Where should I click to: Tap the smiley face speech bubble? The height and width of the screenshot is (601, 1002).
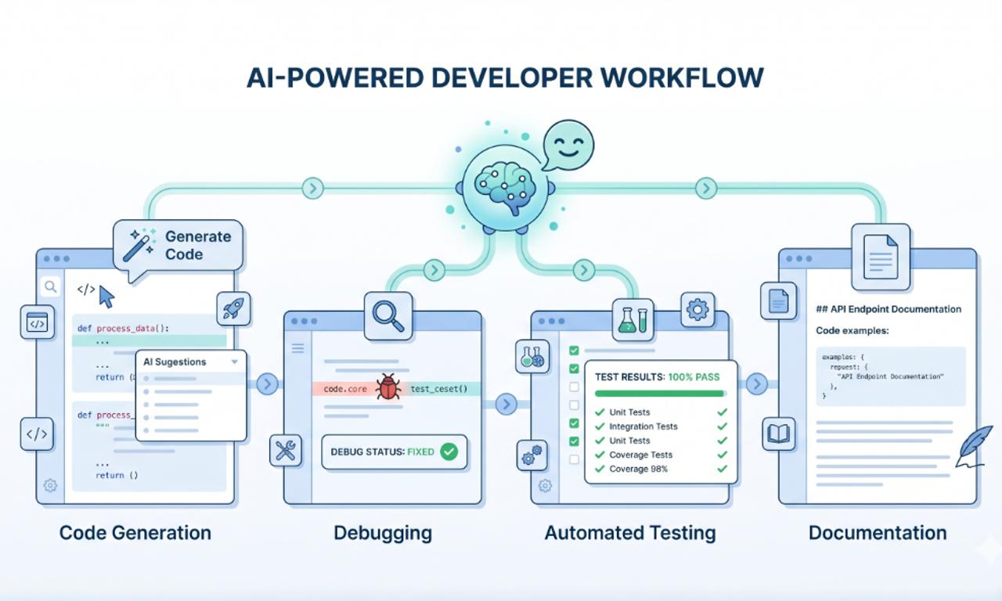click(568, 146)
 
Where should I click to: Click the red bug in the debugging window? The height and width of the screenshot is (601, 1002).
click(388, 388)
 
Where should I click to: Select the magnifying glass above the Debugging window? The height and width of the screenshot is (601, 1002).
click(388, 315)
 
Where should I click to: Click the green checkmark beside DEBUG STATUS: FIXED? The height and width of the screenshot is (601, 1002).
click(449, 452)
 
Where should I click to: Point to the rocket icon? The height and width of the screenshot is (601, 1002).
click(232, 308)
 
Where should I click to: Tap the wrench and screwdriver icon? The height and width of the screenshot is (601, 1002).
click(285, 452)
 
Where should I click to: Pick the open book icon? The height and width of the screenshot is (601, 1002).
click(779, 434)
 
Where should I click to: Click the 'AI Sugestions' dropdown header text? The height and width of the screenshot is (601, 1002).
click(175, 362)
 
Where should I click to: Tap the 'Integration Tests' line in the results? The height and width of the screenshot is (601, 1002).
click(643, 426)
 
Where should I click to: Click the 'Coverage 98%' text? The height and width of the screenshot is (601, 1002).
click(639, 469)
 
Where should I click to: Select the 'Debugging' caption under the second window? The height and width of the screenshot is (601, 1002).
click(382, 534)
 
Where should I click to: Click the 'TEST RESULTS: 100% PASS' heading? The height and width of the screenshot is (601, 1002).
click(657, 376)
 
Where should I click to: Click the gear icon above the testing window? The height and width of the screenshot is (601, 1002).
click(696, 310)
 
